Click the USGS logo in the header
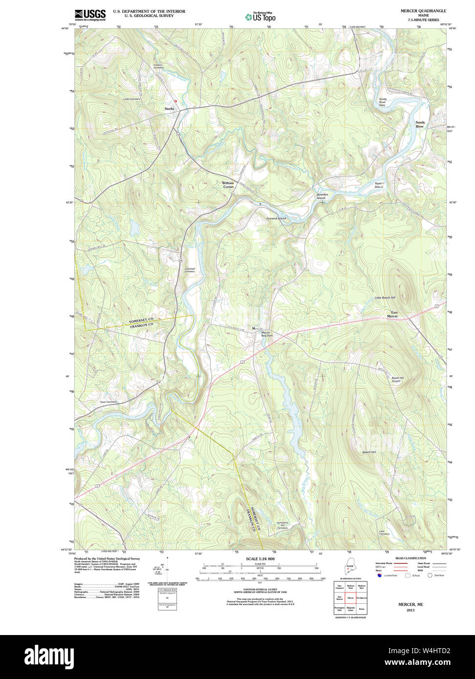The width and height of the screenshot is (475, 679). (x=90, y=15)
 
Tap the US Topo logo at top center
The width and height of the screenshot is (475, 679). (x=260, y=17)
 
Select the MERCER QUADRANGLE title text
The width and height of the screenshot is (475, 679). (x=423, y=11)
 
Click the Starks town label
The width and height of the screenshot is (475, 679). (x=169, y=108)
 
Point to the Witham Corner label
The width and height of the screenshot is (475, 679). (x=228, y=185)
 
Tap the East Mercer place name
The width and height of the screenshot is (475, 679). (x=392, y=314)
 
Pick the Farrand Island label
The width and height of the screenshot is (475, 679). (x=276, y=218)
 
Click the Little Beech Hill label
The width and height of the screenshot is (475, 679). (x=385, y=297)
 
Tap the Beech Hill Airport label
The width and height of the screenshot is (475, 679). (x=396, y=379)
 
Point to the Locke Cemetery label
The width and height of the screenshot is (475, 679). (x=131, y=99)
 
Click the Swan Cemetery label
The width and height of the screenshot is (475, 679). (x=108, y=402)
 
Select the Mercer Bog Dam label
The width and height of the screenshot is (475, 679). (x=266, y=334)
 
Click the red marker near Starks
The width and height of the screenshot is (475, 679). (x=176, y=101)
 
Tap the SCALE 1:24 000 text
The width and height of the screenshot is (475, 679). (x=260, y=559)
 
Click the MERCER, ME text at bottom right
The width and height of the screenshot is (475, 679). (x=410, y=604)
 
